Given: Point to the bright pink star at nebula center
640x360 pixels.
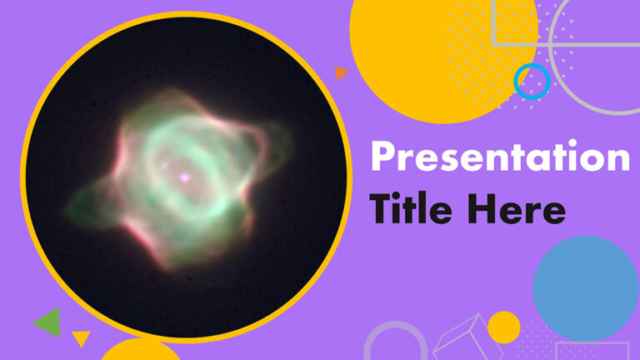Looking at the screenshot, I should (185, 177).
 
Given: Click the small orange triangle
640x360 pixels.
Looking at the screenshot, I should (340, 72).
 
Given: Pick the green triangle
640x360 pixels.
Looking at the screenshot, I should (49, 322).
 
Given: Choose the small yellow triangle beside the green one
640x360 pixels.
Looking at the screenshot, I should (81, 337).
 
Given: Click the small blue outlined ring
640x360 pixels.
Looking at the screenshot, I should (532, 81).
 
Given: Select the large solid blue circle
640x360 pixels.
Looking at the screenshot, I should (586, 288).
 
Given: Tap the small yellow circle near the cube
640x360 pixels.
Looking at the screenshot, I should (503, 327).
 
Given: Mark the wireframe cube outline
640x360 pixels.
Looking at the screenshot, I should (459, 338).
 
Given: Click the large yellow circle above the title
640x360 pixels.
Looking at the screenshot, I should (433, 50).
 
